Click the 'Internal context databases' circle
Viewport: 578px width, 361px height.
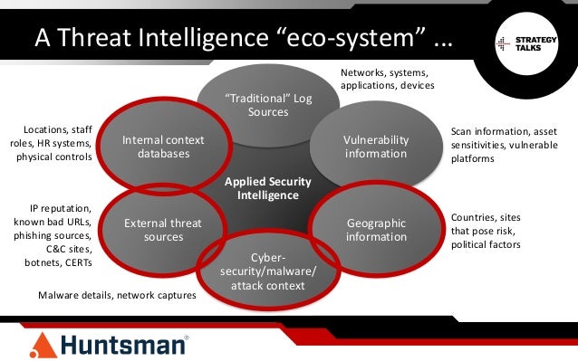163,147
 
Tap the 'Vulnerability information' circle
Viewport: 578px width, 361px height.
376,147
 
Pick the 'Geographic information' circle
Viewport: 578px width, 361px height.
376,230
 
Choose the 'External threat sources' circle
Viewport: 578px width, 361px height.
163,230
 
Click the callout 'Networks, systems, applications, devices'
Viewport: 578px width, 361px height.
387,79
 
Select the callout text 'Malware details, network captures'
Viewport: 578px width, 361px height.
117,295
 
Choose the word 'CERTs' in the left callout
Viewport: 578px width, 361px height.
74,262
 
